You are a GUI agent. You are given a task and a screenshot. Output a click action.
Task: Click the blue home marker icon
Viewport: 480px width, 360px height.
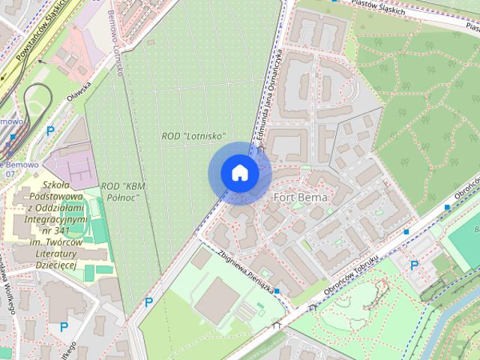pos(239,173)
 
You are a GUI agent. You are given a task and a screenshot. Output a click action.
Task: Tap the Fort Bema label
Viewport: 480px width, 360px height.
pos(300,197)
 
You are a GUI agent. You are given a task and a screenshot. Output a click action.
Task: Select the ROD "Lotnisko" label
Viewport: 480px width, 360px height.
pos(193,136)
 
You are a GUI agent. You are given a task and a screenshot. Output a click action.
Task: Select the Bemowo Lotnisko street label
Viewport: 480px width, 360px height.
pos(115,43)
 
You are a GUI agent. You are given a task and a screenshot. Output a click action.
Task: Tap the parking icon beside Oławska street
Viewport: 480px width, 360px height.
pos(50,130)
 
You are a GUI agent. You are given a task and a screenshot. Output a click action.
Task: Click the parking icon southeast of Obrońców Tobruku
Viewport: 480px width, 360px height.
pos(414,264)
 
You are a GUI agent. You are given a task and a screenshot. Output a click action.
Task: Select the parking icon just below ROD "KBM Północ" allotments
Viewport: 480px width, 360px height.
pos(148,302)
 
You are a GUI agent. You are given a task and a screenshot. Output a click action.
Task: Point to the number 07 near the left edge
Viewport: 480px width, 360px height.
pos(10,174)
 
